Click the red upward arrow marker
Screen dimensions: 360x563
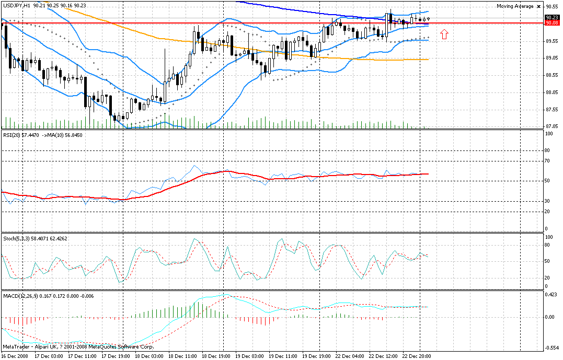click(444, 34)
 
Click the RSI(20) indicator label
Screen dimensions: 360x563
click(12, 135)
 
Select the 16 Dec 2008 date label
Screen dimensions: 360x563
click(15, 356)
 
